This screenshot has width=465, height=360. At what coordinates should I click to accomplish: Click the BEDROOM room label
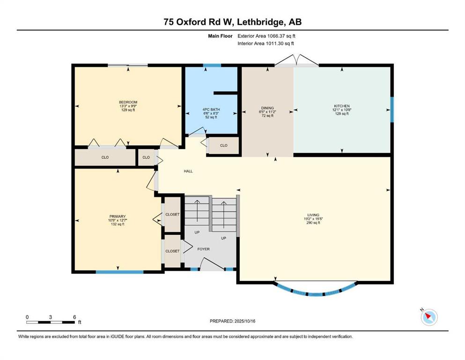click(128, 102)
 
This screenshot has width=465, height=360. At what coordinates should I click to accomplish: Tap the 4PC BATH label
click(211, 110)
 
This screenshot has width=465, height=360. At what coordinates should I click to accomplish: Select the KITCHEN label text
click(342, 106)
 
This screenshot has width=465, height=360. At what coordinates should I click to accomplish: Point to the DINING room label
click(267, 108)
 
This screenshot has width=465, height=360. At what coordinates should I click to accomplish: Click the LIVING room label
click(313, 215)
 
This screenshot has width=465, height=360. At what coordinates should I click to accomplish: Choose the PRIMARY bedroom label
click(118, 217)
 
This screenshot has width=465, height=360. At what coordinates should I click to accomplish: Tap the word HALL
click(188, 171)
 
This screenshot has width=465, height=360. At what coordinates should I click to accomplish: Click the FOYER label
click(203, 249)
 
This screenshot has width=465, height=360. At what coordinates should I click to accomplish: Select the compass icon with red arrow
click(429, 317)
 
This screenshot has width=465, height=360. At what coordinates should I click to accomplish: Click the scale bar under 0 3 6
click(51, 322)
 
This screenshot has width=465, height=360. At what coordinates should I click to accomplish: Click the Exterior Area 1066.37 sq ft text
click(266, 36)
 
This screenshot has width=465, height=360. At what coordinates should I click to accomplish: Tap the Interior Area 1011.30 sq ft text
click(266, 43)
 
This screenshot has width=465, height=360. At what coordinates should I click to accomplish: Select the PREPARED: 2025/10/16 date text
click(232, 321)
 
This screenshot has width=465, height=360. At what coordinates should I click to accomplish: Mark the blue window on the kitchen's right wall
click(392, 110)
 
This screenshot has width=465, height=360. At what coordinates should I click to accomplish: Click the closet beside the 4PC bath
click(224, 145)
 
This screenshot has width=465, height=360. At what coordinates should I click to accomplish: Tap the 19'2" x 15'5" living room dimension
click(313, 219)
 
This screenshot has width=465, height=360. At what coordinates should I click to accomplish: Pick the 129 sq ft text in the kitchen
click(342, 113)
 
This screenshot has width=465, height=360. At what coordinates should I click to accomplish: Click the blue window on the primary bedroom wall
click(119, 271)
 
